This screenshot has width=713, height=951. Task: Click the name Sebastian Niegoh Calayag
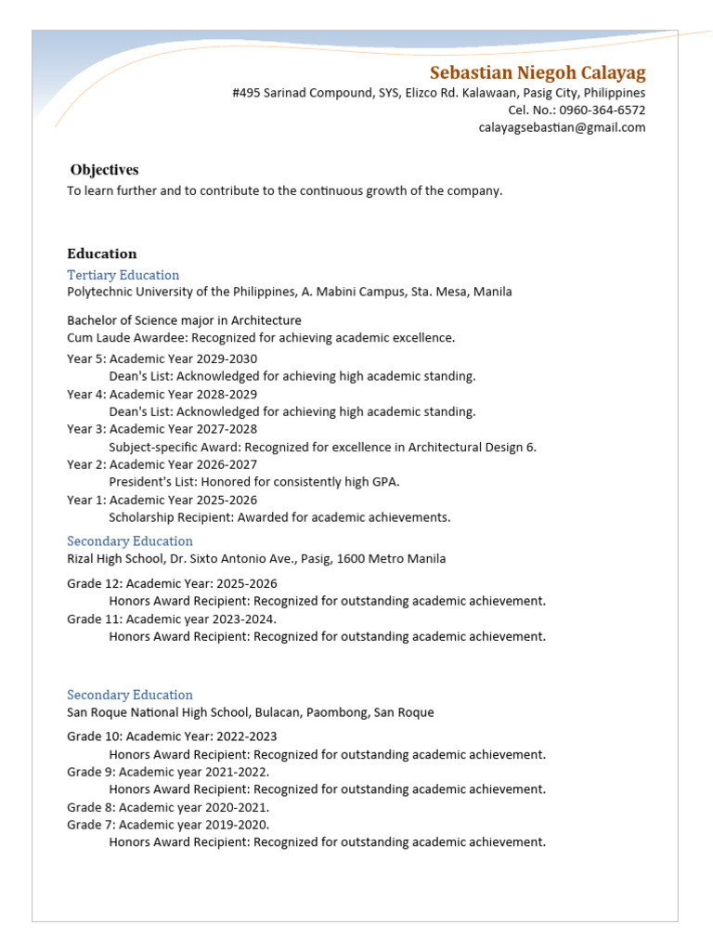pos(538,73)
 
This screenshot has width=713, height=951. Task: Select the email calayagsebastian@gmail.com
pos(562,128)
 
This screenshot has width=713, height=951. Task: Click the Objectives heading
pos(104,170)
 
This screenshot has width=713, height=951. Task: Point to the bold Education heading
pos(102,254)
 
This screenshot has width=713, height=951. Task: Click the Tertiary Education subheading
pos(123,275)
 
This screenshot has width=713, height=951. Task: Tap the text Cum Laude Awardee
pos(117,338)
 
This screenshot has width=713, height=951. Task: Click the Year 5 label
pos(84,359)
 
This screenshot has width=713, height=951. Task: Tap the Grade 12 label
pos(93,584)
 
